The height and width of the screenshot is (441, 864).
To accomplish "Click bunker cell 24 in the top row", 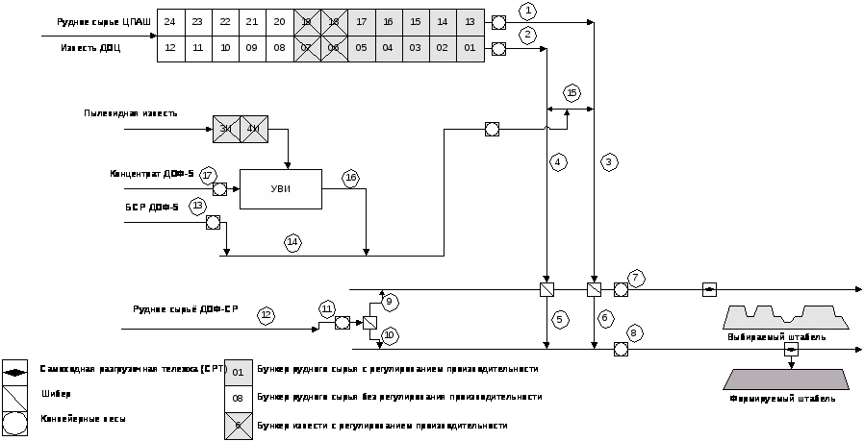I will [x=170, y=21].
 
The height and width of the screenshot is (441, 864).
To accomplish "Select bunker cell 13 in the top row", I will [x=470, y=21].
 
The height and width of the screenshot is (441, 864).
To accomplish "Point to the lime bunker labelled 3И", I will [x=226, y=129].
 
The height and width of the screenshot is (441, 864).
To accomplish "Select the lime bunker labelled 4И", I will [x=254, y=129].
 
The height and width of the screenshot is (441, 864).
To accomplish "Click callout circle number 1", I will [x=527, y=12].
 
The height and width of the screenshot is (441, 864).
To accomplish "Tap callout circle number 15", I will [x=572, y=92].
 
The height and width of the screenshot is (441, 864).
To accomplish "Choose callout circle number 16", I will [x=350, y=178].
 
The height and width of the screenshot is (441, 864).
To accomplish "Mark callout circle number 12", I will [x=267, y=314].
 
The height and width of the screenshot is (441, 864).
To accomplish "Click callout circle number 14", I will [x=292, y=242].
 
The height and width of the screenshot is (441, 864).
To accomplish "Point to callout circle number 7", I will [x=636, y=279].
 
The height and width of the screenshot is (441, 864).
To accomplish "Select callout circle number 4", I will [x=558, y=162].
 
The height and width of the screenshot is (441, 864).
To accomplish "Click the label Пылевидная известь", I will [x=130, y=113].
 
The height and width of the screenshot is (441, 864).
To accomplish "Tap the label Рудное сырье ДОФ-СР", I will [x=185, y=309].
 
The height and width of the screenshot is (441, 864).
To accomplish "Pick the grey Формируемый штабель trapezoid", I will [x=786, y=379].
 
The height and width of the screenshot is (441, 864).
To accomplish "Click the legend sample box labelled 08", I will [x=238, y=396].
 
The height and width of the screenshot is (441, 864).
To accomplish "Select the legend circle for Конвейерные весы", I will [x=15, y=422].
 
